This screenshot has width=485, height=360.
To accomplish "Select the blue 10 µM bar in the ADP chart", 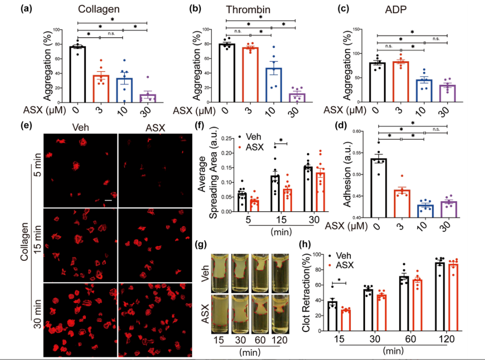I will [x=424, y=90].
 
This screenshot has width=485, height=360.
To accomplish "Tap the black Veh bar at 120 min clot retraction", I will [x=439, y=296].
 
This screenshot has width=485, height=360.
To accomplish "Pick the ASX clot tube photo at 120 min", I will [x=279, y=311].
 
